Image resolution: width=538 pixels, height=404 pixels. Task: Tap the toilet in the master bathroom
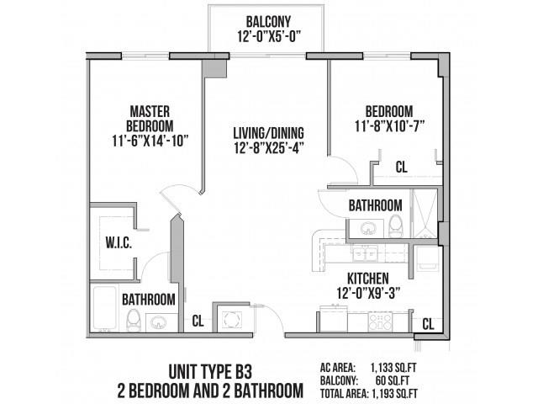click(131, 318)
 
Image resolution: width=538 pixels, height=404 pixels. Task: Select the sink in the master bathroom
click(158, 321)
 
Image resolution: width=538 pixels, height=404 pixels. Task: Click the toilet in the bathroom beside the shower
click(394, 225)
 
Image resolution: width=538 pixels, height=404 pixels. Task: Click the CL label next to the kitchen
click(427, 323)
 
